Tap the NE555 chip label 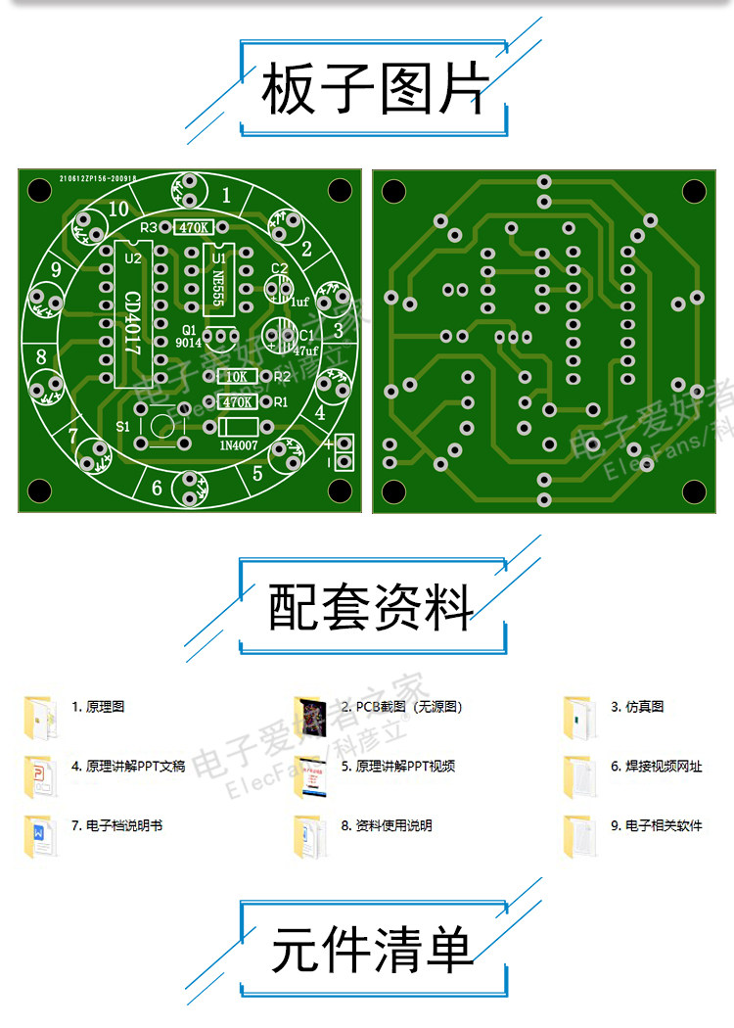pyautogui.click(x=219, y=276)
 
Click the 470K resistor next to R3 pyautogui.click(x=193, y=228)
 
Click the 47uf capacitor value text pyautogui.click(x=305, y=350)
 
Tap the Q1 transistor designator pyautogui.click(x=189, y=329)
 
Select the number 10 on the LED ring pyautogui.click(x=118, y=209)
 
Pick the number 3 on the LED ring pyautogui.click(x=338, y=330)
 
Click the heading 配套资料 pyautogui.click(x=371, y=607)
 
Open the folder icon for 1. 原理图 pyautogui.click(x=38, y=717)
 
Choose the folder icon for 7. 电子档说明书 pyautogui.click(x=38, y=837)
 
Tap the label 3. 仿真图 pyautogui.click(x=637, y=707)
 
